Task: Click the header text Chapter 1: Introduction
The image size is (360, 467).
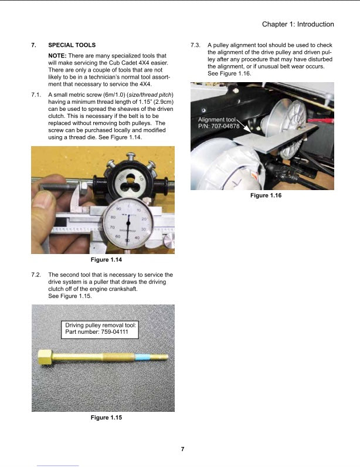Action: (298, 24)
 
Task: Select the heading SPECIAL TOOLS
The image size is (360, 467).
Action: (72, 45)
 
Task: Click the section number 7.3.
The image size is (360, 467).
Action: (196, 45)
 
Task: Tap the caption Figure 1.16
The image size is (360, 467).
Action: (266, 195)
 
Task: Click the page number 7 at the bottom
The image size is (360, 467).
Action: (182, 449)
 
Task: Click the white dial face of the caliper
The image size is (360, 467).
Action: (127, 224)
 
